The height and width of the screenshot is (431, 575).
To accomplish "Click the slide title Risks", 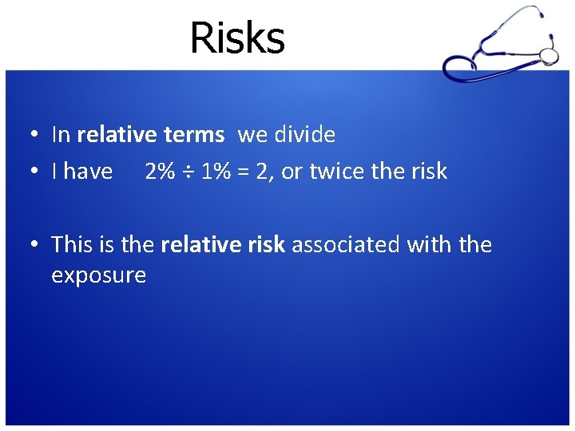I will [x=237, y=38].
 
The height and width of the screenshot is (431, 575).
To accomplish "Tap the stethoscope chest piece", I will [x=549, y=55].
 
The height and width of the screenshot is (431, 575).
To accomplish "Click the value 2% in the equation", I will [x=160, y=172].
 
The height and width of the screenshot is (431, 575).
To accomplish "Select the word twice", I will [x=336, y=172].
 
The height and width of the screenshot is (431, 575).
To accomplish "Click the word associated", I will [x=346, y=244].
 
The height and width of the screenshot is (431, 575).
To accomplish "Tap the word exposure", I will [x=98, y=276].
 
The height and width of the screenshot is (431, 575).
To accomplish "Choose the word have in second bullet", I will [x=88, y=172].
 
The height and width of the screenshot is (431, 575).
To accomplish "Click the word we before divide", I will [x=252, y=136].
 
